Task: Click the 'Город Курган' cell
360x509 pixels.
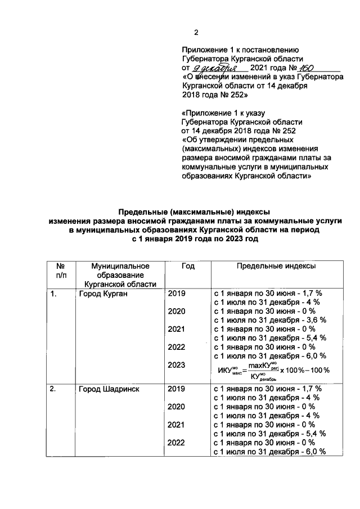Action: [103, 294]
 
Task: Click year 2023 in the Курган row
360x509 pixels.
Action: [176, 365]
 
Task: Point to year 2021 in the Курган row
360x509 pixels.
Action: [176, 329]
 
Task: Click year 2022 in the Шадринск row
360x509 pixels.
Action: [176, 443]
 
